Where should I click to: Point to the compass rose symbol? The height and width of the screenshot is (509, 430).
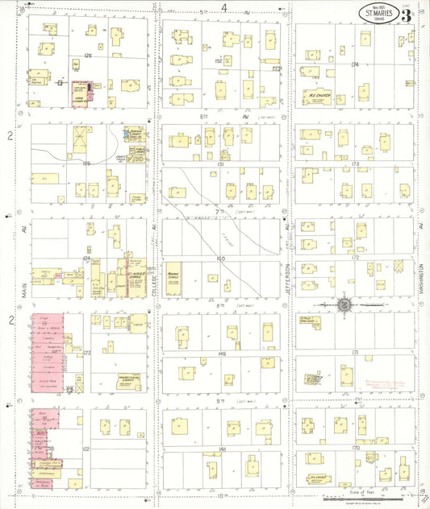tap(344, 306)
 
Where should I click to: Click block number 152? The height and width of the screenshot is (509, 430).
tap(218, 61)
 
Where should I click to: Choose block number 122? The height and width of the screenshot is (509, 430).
tap(86, 448)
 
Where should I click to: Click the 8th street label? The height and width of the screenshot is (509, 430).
tap(219, 307)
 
